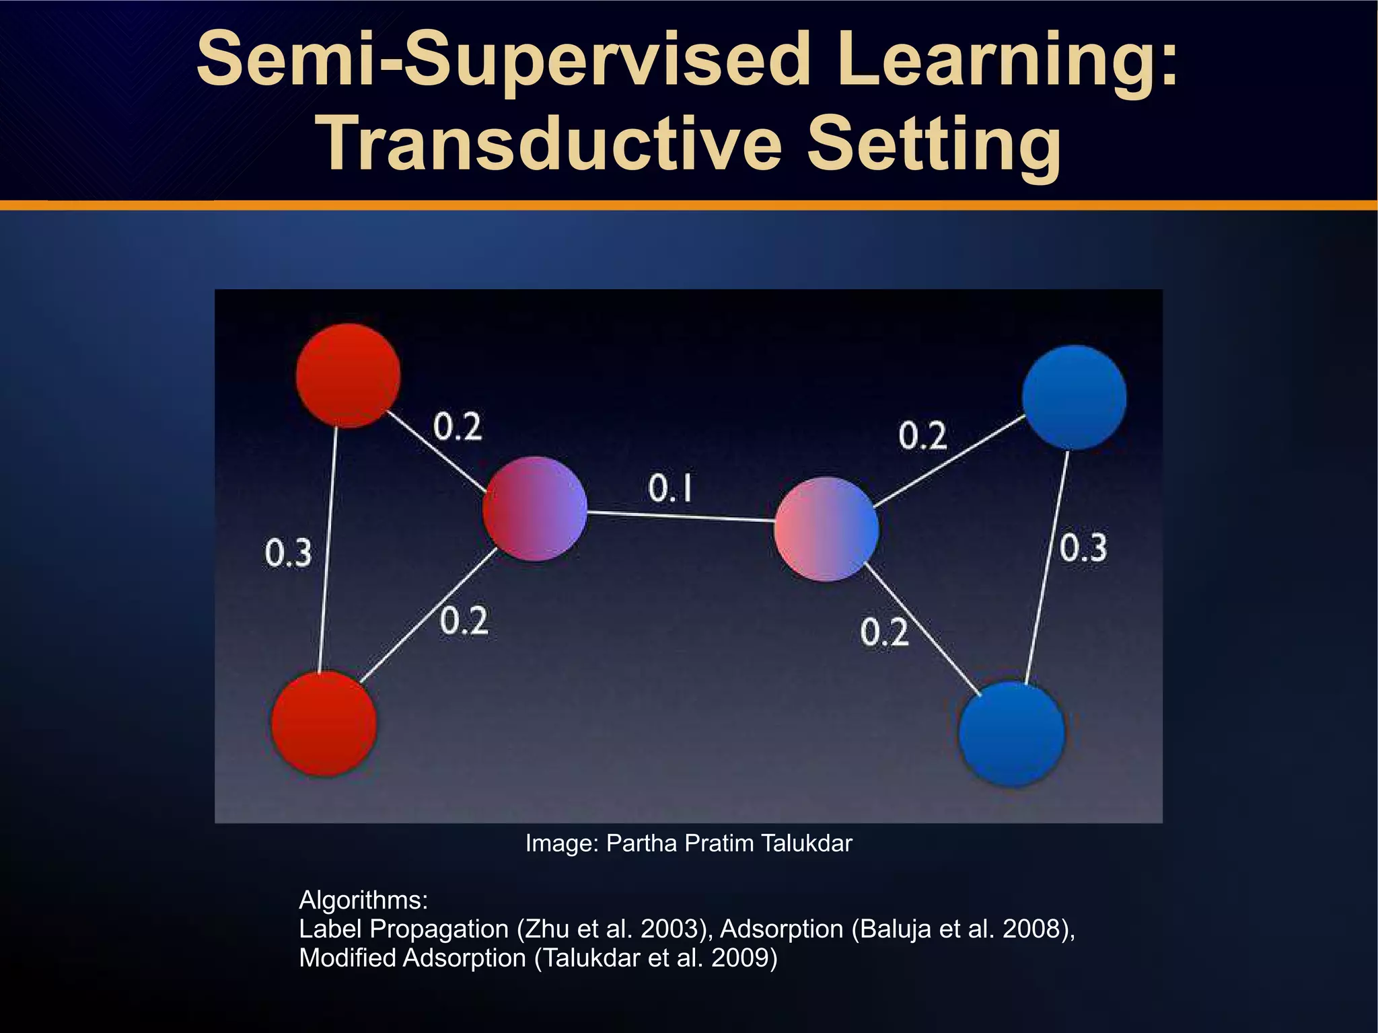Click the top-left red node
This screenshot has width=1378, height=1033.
[x=348, y=375]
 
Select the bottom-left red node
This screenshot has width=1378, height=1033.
[x=324, y=724]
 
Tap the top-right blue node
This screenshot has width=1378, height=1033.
[x=1074, y=397]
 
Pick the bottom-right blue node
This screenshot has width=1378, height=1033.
[x=1011, y=734]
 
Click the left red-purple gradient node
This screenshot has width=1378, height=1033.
[x=535, y=508]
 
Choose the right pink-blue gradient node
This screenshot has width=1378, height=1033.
[x=826, y=529]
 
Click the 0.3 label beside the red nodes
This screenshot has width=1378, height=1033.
[x=288, y=553]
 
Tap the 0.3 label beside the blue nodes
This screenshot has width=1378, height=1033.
[x=1083, y=547]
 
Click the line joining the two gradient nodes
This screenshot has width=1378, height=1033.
[x=680, y=516]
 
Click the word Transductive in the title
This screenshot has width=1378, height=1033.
[x=552, y=145]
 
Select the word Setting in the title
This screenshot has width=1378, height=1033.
[x=933, y=145]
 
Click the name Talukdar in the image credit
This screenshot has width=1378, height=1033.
[x=806, y=843]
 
